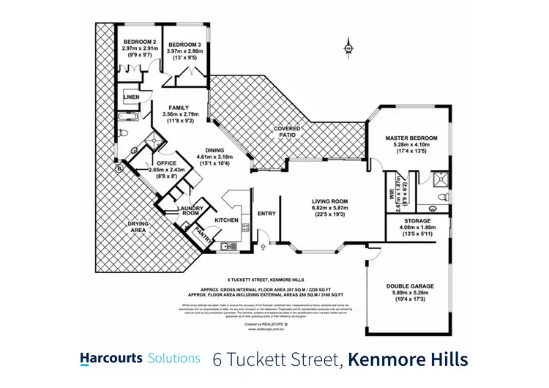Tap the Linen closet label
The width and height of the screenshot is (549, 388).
(132, 97)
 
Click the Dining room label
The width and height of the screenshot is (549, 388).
(214, 149)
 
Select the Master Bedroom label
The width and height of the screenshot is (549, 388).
(411, 138)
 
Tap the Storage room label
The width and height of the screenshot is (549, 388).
(414, 220)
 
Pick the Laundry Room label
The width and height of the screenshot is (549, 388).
(190, 211)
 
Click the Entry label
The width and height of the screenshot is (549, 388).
(265, 214)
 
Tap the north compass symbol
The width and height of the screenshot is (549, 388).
(348, 49)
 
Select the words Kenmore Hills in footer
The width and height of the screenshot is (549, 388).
(407, 359)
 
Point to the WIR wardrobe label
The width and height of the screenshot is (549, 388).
(390, 195)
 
